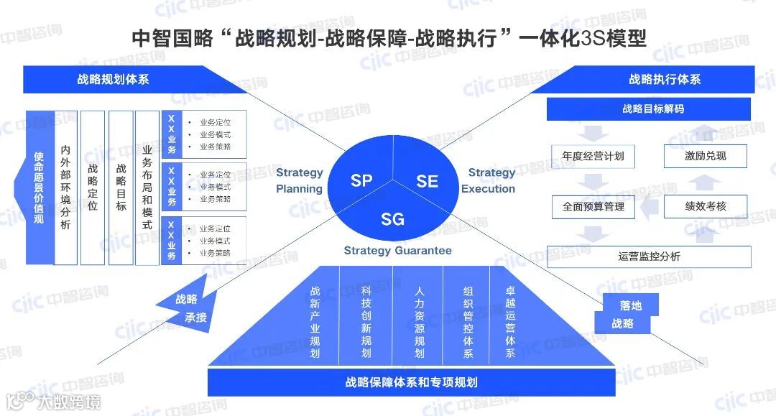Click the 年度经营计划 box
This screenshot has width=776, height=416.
593,156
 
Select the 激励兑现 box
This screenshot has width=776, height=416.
705,156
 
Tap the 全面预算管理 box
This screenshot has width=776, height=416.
593,206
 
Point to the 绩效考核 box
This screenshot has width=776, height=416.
705,206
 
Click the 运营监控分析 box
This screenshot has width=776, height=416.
649,256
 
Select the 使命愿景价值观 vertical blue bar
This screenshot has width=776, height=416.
40,187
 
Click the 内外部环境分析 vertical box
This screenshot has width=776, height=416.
65,187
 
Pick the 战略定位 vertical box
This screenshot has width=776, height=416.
93,187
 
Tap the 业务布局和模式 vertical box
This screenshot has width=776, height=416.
147,187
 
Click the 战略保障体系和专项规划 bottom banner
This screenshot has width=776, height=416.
411,382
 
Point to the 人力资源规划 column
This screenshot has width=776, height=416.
420,322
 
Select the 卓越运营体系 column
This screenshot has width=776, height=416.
510,322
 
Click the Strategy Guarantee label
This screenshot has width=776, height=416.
397,251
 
